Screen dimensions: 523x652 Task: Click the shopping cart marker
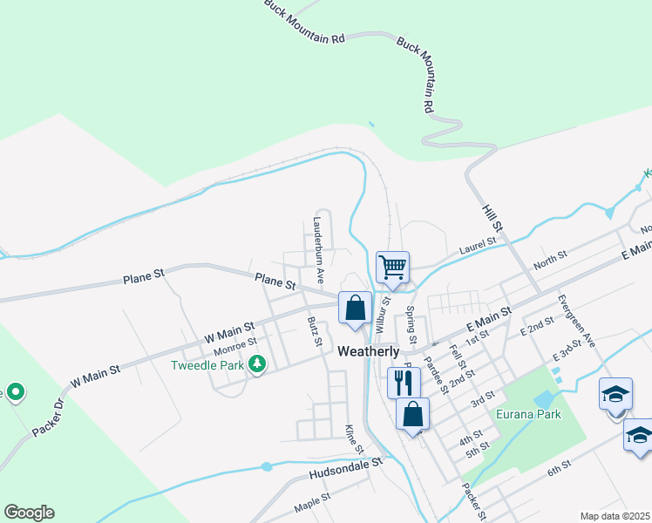392,267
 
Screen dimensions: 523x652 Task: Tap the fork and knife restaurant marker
404,381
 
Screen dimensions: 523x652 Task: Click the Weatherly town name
369,351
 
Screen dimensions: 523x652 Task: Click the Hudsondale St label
346,472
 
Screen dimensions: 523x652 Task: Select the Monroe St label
234,347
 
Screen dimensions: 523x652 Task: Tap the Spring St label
411,324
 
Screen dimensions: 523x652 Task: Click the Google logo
29,513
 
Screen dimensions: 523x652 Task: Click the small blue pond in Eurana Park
544,399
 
